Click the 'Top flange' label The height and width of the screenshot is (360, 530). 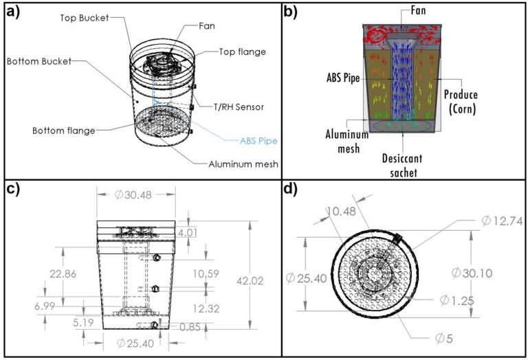(x=243, y=52)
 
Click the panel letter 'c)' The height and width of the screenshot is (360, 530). (x=16, y=190)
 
